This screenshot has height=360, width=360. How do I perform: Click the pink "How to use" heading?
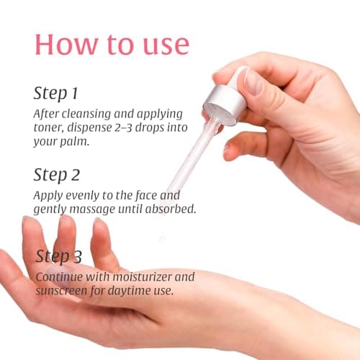112,43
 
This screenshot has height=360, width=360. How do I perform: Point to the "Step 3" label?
66,256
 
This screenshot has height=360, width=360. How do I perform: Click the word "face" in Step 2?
153,195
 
